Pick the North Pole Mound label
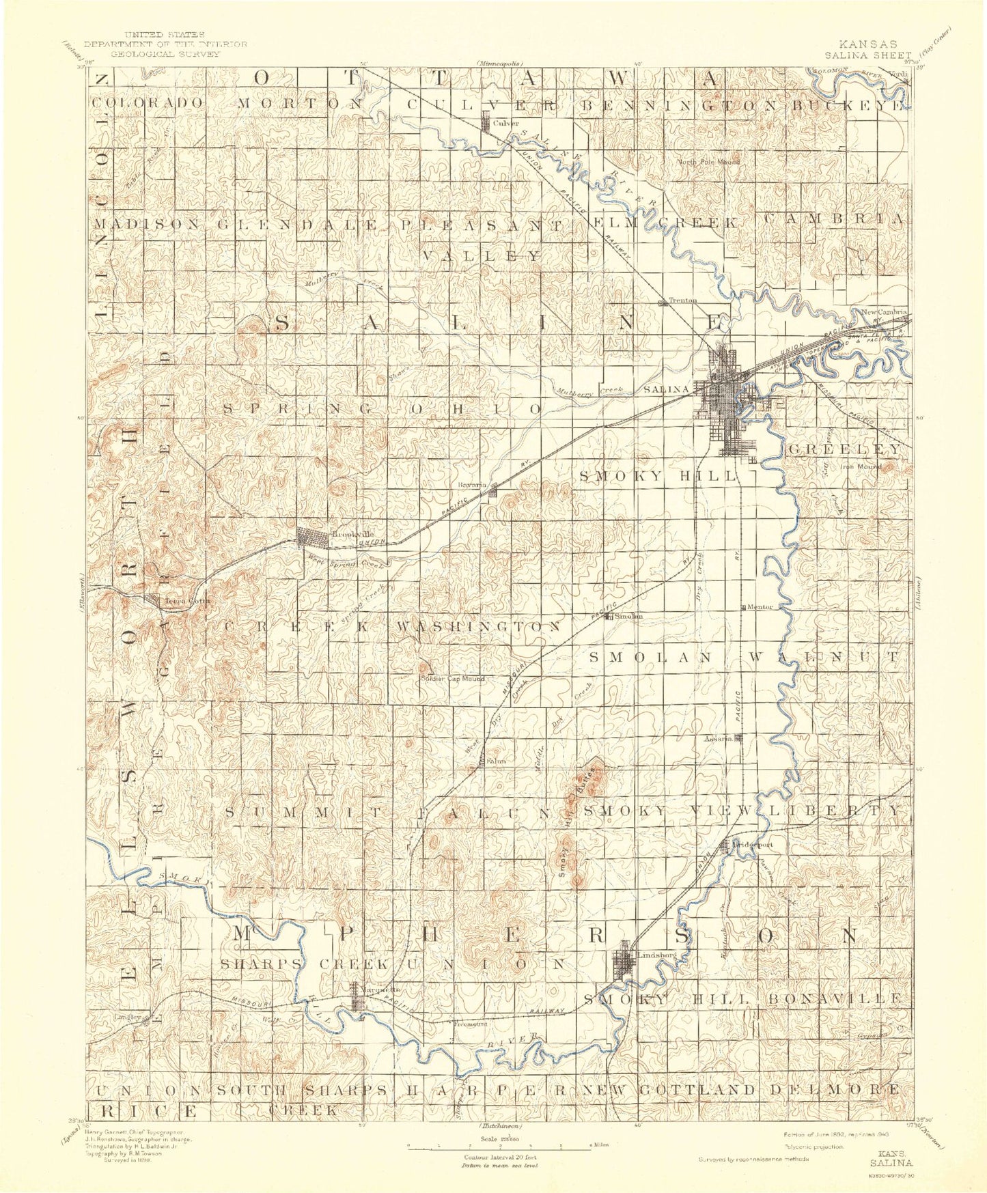pos(708,162)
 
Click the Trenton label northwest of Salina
pos(683,300)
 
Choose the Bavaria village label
pos(472,485)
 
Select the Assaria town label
pos(718,738)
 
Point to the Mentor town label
pos(760,606)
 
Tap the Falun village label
pos(495,763)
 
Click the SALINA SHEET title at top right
pos(867,55)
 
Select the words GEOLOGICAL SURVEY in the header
pos(166,53)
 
